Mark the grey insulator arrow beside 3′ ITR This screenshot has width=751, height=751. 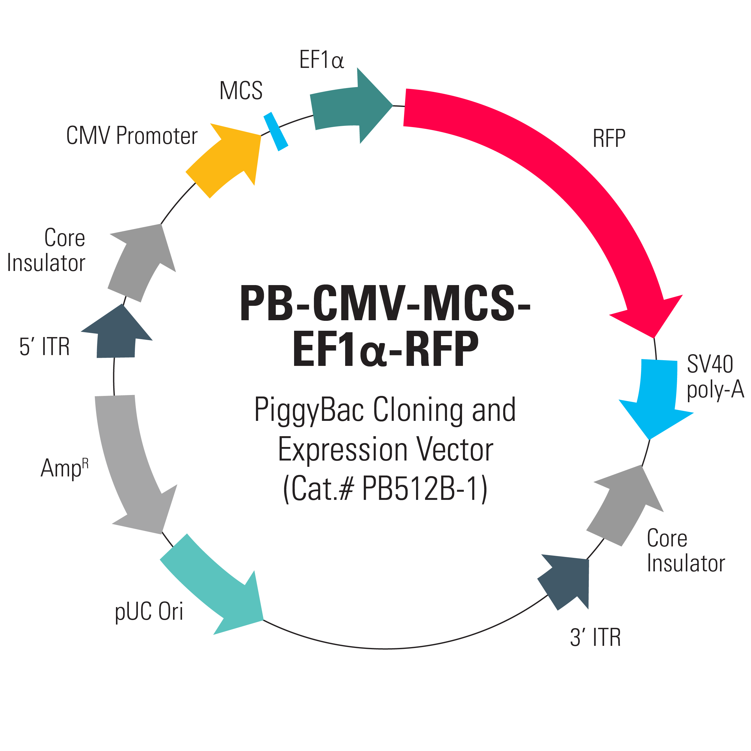click(x=626, y=505)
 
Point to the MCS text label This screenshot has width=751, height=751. click(x=241, y=91)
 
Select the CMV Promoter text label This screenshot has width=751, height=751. click(x=132, y=136)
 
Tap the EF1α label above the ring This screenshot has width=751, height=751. click(x=321, y=60)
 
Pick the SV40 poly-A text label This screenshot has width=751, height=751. click(x=714, y=376)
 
